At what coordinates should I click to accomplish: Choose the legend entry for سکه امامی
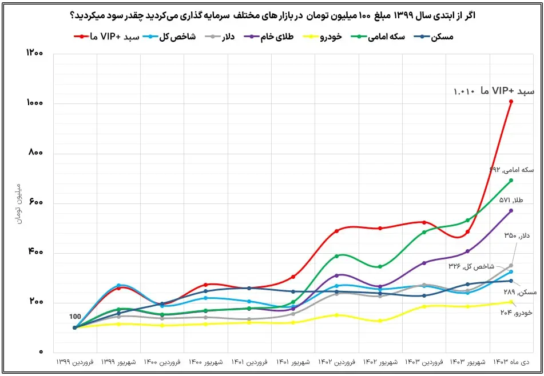click(383, 37)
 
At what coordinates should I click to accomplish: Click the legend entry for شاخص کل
click(172, 37)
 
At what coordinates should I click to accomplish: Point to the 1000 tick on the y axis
click(35, 103)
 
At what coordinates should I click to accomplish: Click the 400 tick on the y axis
click(35, 253)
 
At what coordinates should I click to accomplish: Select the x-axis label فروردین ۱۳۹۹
click(75, 362)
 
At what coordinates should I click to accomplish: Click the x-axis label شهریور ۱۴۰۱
click(293, 362)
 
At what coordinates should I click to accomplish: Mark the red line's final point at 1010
click(511, 102)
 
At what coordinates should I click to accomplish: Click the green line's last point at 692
click(511, 181)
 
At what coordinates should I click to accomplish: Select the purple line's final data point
click(511, 210)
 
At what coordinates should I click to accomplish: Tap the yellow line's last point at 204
click(511, 302)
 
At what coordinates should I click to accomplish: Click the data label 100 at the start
click(75, 317)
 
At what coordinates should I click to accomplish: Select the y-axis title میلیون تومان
click(18, 203)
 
